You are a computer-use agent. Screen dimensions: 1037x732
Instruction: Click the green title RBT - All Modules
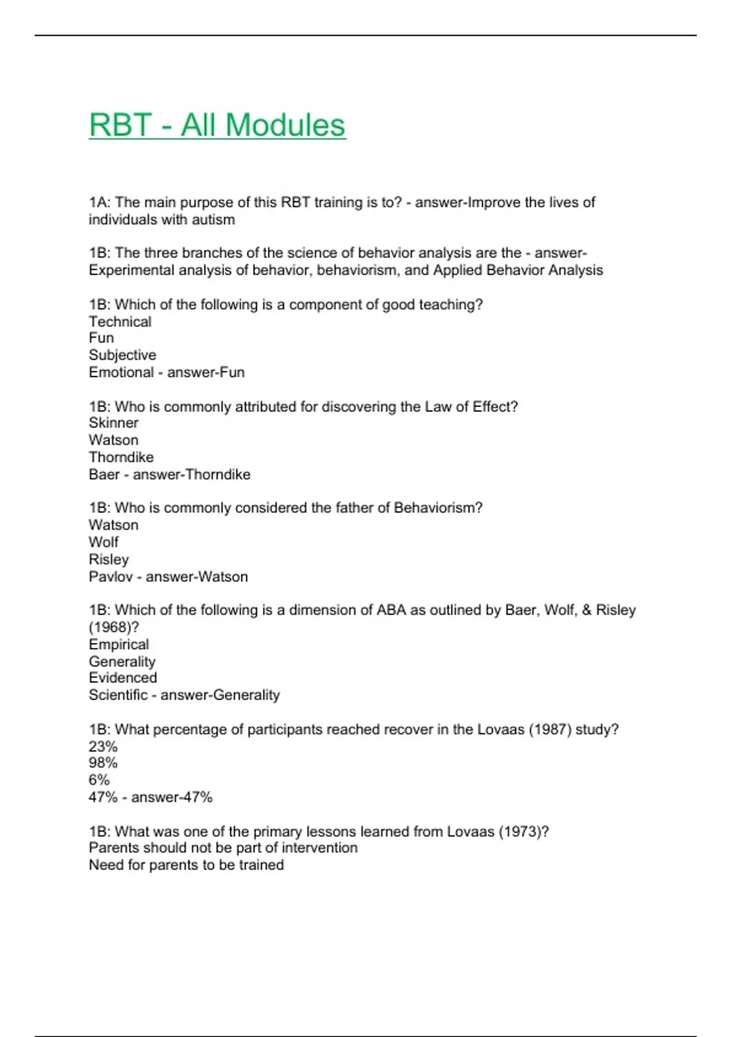217,126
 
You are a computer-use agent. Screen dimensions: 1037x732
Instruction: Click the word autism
213,220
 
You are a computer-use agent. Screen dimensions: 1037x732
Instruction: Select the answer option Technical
120,321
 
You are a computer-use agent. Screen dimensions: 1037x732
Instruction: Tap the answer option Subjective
123,355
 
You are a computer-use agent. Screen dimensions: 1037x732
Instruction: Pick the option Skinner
113,423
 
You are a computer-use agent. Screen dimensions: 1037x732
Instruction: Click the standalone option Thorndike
121,457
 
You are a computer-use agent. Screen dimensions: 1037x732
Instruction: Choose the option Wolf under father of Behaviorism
104,542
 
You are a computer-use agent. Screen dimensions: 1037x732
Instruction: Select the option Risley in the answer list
109,559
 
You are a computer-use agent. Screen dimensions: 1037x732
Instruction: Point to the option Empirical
119,644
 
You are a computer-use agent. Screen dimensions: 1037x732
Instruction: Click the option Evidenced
123,678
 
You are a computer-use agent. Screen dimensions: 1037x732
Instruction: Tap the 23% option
103,746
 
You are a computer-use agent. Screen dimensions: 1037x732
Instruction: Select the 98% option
103,762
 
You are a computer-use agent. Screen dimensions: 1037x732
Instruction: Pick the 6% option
99,780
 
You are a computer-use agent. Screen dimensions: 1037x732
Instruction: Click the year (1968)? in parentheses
114,627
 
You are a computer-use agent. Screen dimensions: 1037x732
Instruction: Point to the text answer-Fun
206,372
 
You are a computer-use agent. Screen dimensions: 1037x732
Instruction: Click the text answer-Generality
220,695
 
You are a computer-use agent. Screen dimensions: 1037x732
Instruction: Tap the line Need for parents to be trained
186,865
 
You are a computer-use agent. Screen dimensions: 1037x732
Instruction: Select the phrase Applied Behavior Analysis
518,270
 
